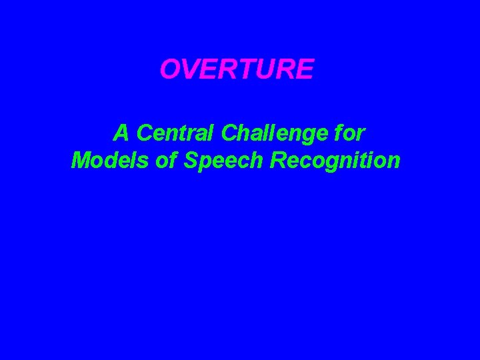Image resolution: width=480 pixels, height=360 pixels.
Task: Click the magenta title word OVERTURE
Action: [x=237, y=69]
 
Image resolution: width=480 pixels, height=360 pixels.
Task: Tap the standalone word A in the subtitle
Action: [x=121, y=133]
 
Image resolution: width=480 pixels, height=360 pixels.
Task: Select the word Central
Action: [x=175, y=133]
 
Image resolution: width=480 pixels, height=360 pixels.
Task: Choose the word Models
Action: [x=103, y=161]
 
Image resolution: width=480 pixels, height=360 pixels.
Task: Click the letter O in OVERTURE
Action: [x=171, y=69]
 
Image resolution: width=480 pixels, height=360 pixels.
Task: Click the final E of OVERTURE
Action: [x=304, y=69]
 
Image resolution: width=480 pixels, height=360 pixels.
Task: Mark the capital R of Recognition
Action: [x=278, y=161]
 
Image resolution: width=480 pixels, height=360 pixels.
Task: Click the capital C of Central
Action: [x=145, y=133]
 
